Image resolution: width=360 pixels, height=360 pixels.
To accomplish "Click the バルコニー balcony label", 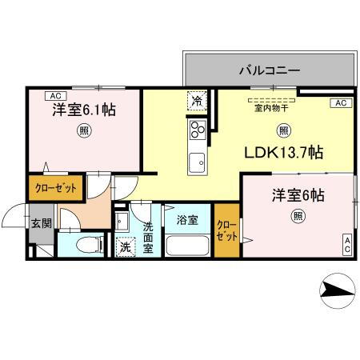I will pos(269,70).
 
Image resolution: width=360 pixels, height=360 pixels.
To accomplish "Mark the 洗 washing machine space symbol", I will pos(126,247).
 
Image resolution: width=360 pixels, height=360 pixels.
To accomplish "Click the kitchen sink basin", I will pos(196,164).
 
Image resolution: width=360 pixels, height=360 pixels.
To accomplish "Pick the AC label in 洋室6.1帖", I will pos(39,94).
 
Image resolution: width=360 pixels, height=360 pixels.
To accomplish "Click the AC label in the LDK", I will pos(339,103).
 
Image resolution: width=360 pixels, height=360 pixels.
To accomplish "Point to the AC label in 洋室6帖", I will pos(348,245).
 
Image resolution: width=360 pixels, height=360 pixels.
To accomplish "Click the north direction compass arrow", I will pos(337,291).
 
